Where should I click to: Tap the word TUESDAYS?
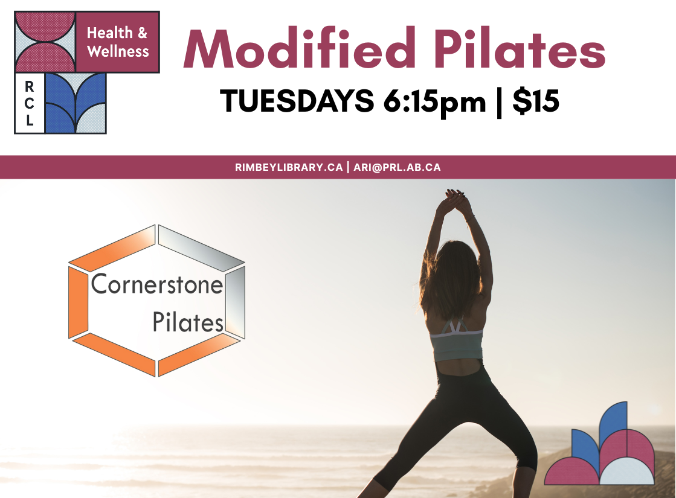(x=297, y=101)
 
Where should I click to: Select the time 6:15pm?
(x=434, y=101)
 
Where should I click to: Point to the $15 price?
(x=535, y=101)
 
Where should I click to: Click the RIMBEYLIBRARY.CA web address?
(x=289, y=167)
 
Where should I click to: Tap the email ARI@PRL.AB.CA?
(x=396, y=167)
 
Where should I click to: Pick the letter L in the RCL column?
(x=30, y=121)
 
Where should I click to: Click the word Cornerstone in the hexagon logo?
(x=157, y=284)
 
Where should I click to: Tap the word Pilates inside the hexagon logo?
(x=188, y=323)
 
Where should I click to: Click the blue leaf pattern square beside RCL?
(x=76, y=103)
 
